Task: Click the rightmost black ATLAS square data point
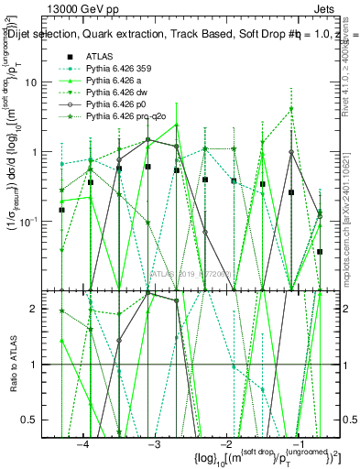tap(320, 251)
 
